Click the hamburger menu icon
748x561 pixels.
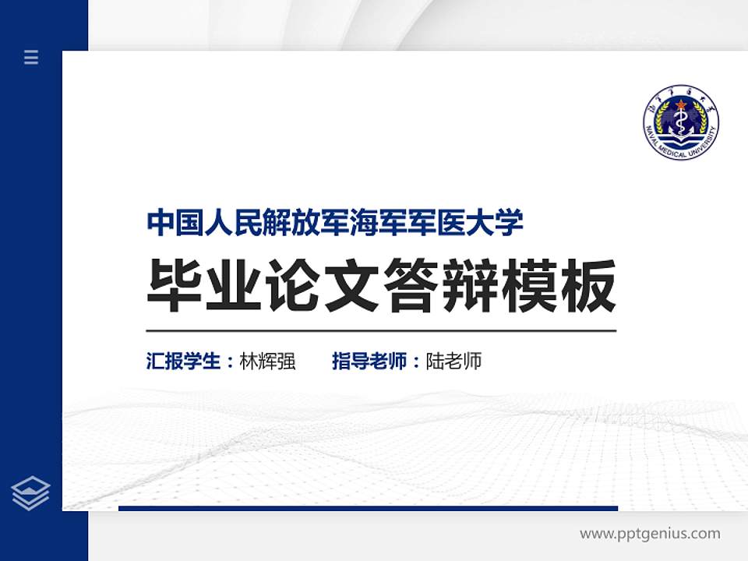[31, 57]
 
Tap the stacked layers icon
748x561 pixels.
[31, 493]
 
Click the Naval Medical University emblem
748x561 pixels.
[680, 123]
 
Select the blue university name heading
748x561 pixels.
[335, 222]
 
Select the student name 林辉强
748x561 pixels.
[268, 362]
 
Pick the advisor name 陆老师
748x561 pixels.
[453, 362]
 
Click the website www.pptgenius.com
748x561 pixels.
[650, 534]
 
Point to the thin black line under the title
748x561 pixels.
[381, 331]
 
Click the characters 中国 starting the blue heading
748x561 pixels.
[173, 222]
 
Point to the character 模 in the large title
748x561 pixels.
[528, 284]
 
